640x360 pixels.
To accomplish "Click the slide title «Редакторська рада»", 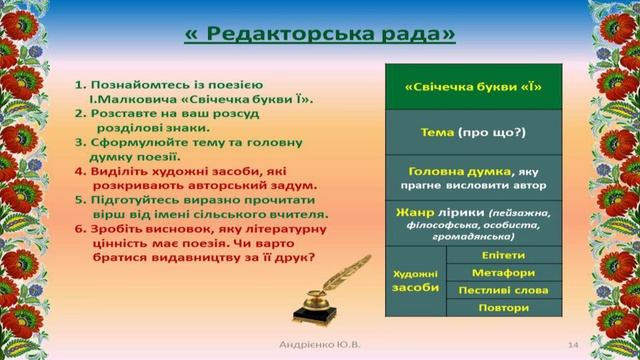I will point(319,34).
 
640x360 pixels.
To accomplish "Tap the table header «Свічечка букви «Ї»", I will point(473,88).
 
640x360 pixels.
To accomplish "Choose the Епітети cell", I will point(503,255).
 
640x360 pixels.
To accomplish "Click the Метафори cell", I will point(503,272).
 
